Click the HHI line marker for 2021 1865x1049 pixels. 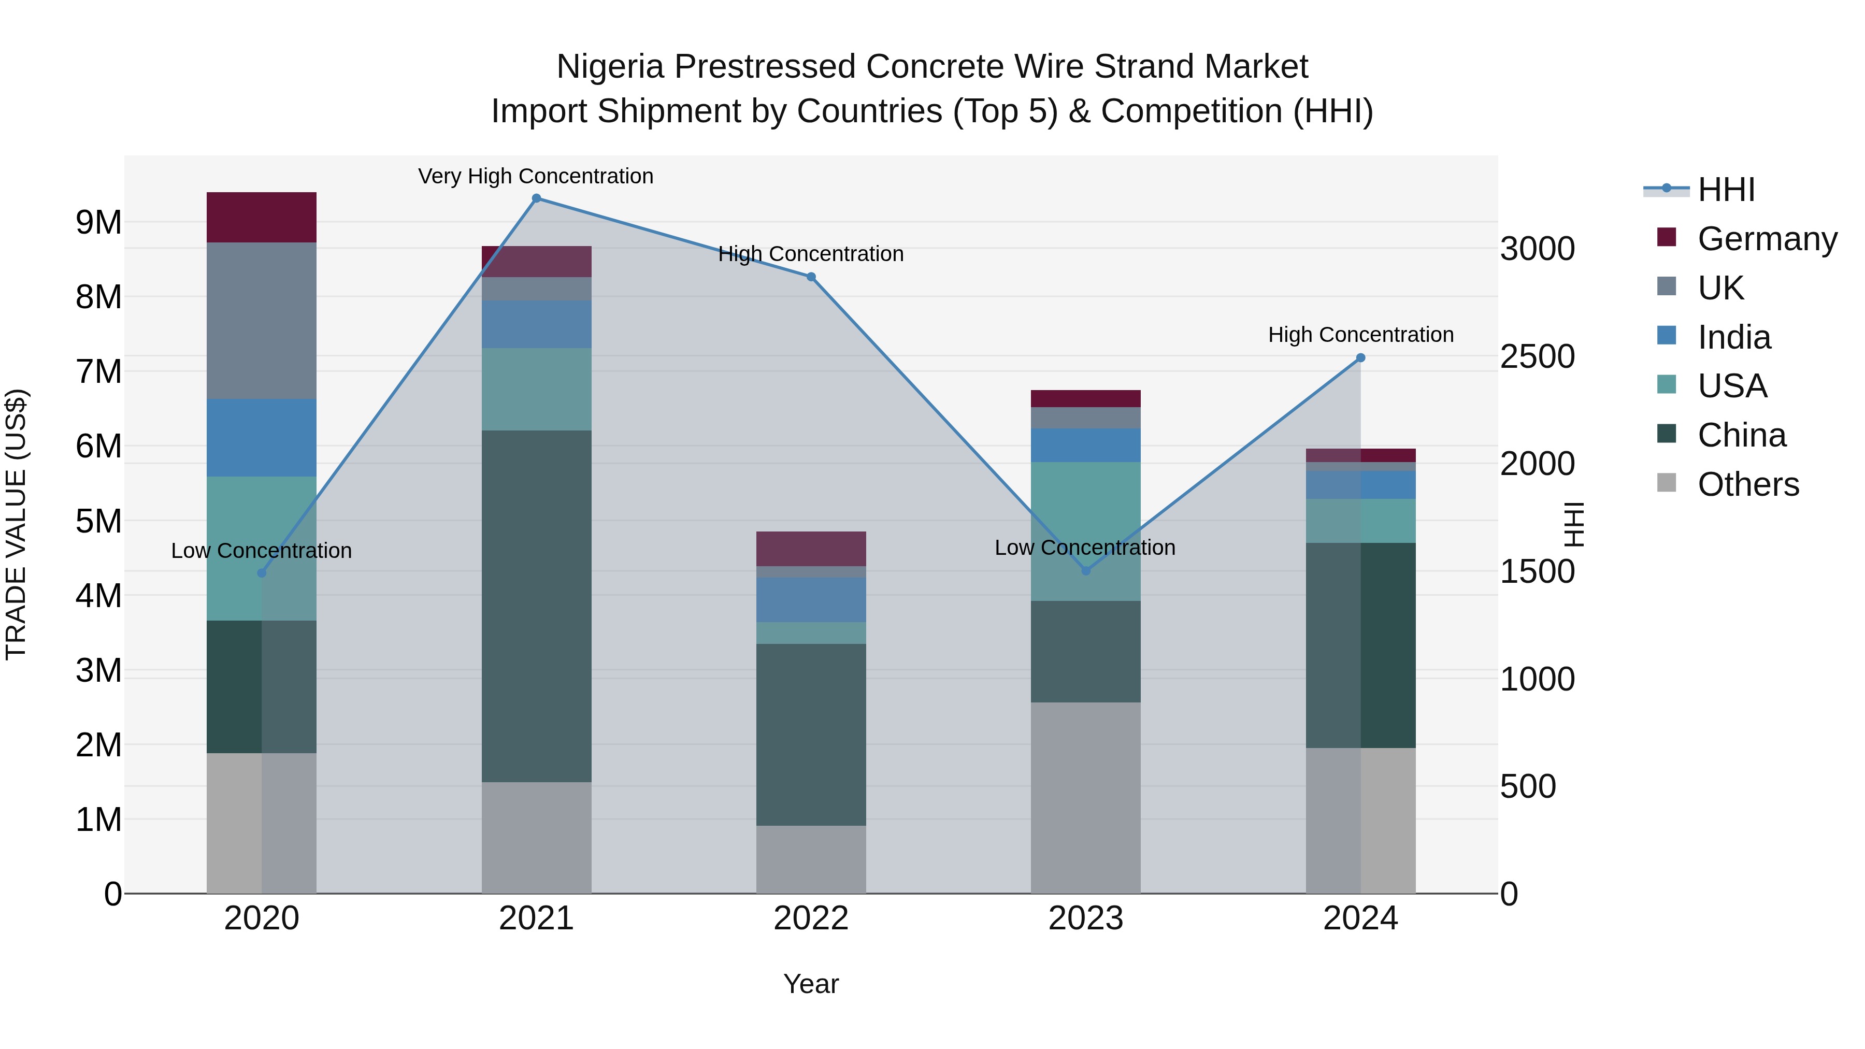tap(537, 198)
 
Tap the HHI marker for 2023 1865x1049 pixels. tap(1085, 571)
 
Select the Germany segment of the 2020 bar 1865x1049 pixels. tap(262, 217)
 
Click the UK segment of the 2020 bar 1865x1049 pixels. tap(262, 321)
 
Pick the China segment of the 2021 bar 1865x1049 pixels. tap(537, 606)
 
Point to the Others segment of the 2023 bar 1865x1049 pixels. tap(1085, 797)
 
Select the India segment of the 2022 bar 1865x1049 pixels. tap(811, 599)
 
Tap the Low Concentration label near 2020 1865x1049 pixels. tap(262, 551)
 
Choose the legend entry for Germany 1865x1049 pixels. tap(1767, 239)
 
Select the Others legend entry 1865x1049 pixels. tap(1748, 484)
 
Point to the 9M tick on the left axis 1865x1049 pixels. tap(99, 222)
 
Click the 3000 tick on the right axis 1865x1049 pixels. tap(1537, 249)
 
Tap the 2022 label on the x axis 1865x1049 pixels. tap(811, 918)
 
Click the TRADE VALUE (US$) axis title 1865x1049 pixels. tap(17, 524)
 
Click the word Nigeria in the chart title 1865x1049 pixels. tap(610, 67)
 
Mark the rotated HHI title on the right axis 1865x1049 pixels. tap(1573, 524)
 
